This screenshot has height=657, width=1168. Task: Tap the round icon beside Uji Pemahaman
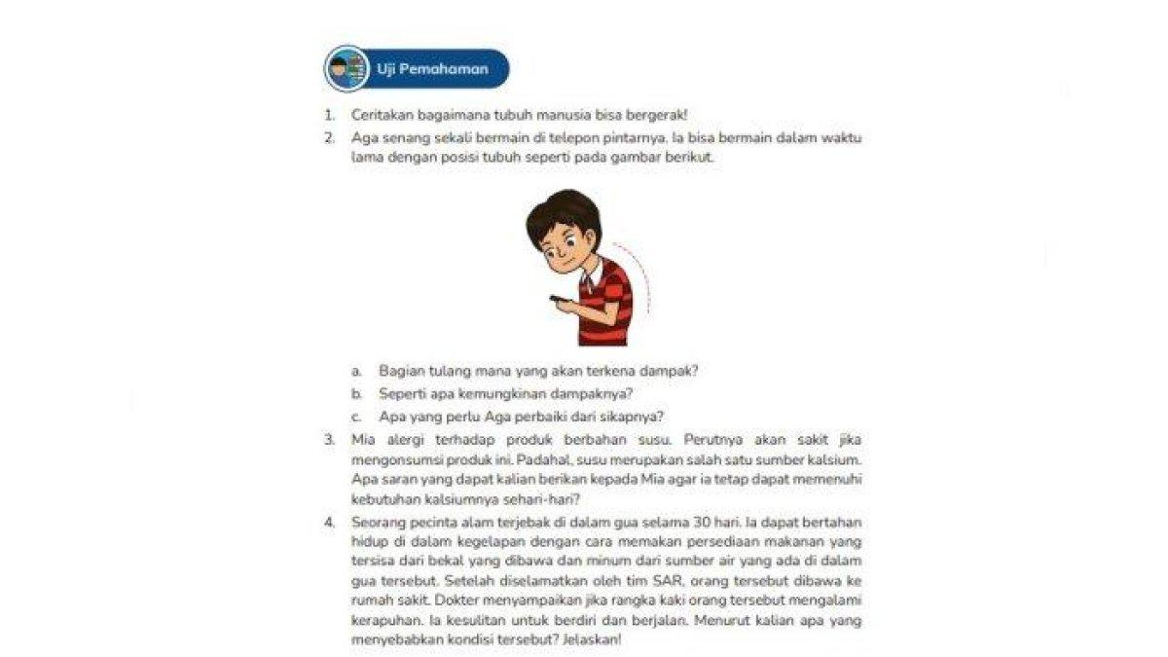(x=347, y=69)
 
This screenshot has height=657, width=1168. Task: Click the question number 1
(x=330, y=115)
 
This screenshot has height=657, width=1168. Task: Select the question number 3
(x=330, y=440)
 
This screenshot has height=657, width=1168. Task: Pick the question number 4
(x=330, y=523)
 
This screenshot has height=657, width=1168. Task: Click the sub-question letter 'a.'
(x=357, y=371)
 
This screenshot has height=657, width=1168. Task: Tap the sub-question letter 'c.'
(x=357, y=417)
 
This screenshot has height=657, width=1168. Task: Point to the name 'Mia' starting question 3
(x=362, y=440)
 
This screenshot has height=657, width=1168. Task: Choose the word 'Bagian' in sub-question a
(x=399, y=371)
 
